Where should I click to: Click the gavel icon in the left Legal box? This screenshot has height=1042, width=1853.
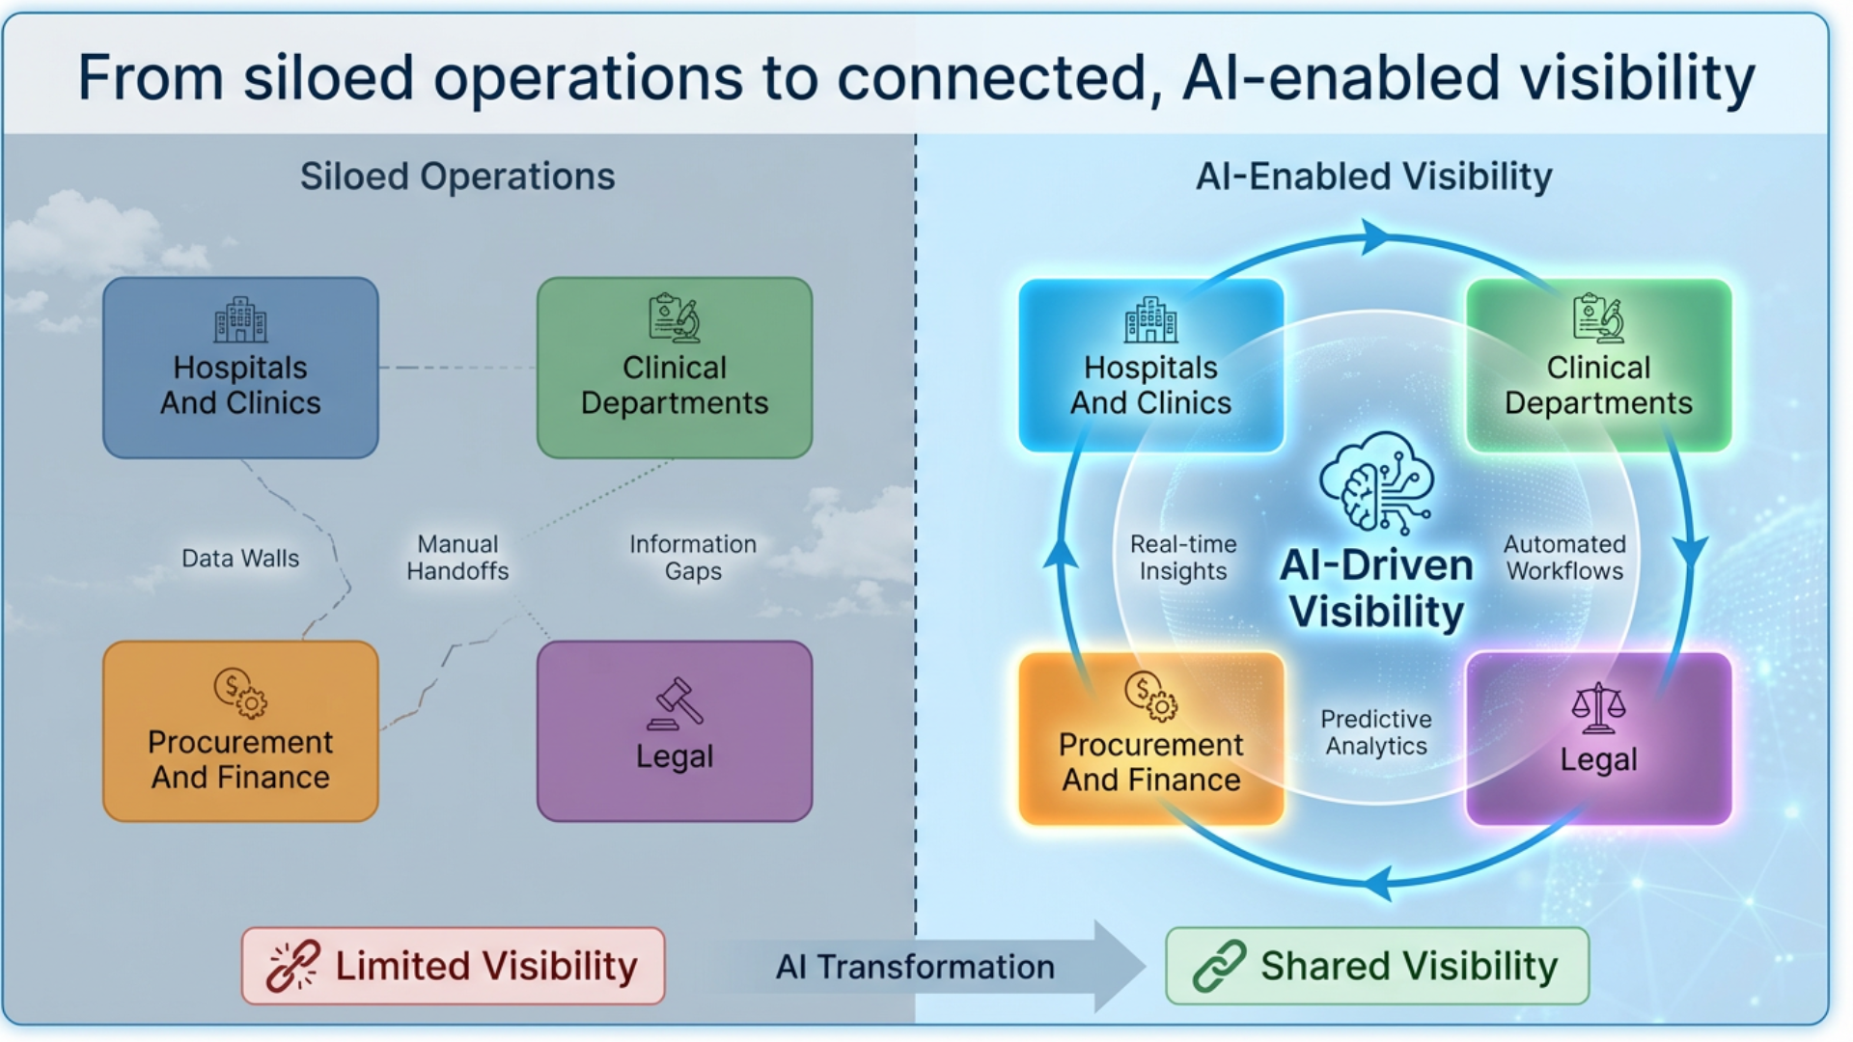676,704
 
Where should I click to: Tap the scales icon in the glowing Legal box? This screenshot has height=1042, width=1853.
1598,708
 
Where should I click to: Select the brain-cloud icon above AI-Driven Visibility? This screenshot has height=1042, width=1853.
1376,482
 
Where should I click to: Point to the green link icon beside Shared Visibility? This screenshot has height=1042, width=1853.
1219,966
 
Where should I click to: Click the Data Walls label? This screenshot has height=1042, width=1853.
240,559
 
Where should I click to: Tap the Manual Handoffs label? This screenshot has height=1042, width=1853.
457,558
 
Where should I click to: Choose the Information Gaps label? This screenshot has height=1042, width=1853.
693,558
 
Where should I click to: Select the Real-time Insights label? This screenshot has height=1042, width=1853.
1183,558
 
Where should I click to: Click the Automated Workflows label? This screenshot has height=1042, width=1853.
1564,558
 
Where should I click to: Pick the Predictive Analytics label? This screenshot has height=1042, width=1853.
1376,732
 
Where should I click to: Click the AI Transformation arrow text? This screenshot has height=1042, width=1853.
915,967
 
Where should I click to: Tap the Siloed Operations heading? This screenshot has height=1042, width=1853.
457,177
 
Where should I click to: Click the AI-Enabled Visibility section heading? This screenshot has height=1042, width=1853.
1373,177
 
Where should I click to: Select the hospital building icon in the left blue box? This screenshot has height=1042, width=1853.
240,320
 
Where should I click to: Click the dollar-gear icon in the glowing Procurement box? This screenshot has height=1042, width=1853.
1150,696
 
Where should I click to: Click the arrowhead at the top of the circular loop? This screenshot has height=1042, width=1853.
1374,237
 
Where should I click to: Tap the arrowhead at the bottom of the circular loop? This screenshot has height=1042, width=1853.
1380,882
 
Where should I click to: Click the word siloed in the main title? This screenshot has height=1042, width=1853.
328,78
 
